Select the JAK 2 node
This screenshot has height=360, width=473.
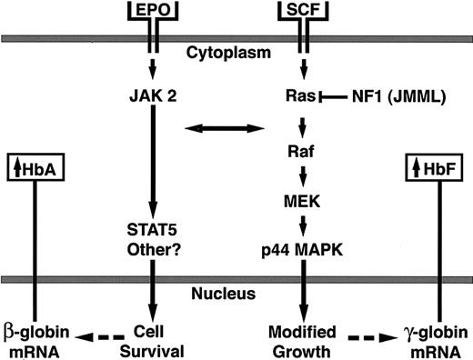click(x=160, y=94)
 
